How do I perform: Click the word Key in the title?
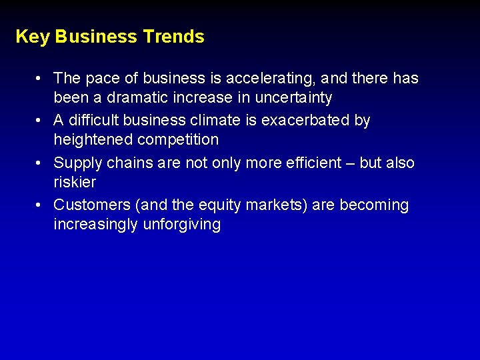(32, 37)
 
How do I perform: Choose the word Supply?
(76, 163)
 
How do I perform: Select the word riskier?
(75, 182)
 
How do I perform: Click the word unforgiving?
(181, 225)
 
